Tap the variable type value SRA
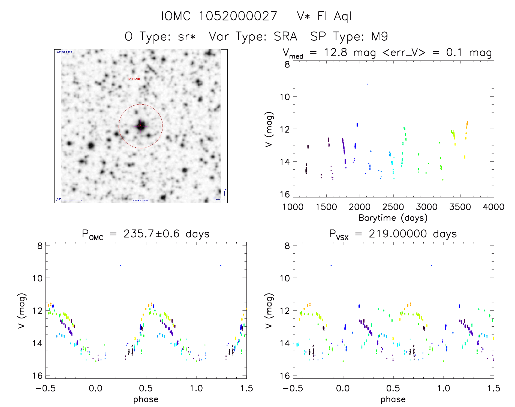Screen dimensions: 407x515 285,37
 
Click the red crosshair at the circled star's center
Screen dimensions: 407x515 140,126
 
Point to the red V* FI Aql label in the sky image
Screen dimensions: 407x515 134,79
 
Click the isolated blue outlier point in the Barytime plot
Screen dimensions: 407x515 368,84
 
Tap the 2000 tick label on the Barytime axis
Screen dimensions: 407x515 360,207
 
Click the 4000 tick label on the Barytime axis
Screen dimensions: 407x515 493,207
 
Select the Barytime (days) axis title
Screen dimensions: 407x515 393,218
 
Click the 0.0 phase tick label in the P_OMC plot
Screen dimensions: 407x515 96,388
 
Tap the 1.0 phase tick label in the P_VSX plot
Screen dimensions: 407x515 444,388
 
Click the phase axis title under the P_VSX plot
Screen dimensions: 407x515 393,399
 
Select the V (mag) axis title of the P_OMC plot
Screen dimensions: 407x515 22,311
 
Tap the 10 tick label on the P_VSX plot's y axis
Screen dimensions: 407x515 285,278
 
